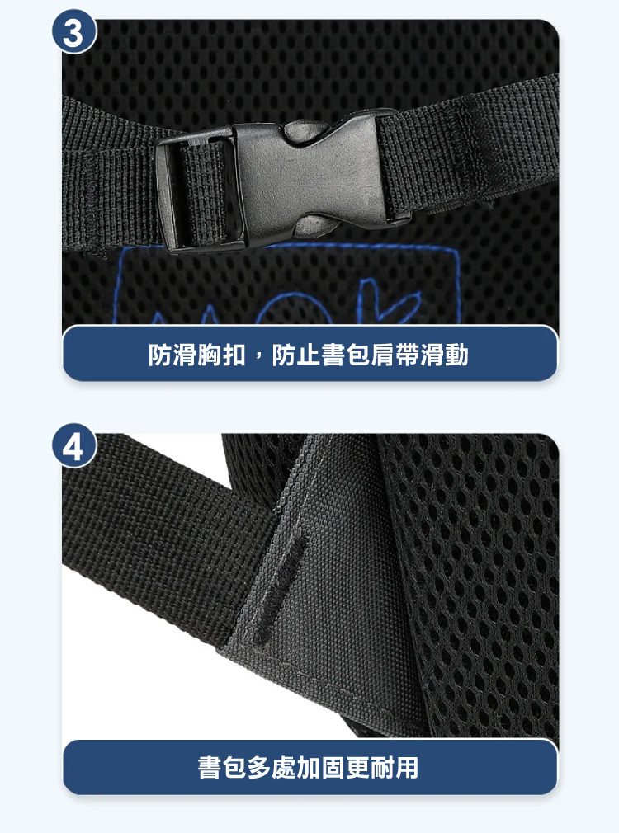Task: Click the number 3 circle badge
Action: coord(74,33)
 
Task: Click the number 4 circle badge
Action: coord(74,445)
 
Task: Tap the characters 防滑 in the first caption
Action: coord(172,355)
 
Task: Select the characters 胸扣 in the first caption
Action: coord(221,355)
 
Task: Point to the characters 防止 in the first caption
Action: coord(297,355)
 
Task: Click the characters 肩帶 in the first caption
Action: coord(395,355)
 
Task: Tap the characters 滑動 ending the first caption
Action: coord(444,355)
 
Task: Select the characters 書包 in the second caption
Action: coord(222,768)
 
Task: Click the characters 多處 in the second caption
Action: coord(272,768)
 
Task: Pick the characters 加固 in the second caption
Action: coord(320,768)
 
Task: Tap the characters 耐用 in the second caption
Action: coord(394,768)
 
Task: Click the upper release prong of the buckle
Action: coord(305,130)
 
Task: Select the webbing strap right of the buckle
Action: coord(468,148)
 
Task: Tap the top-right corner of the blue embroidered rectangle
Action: coord(457,248)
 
